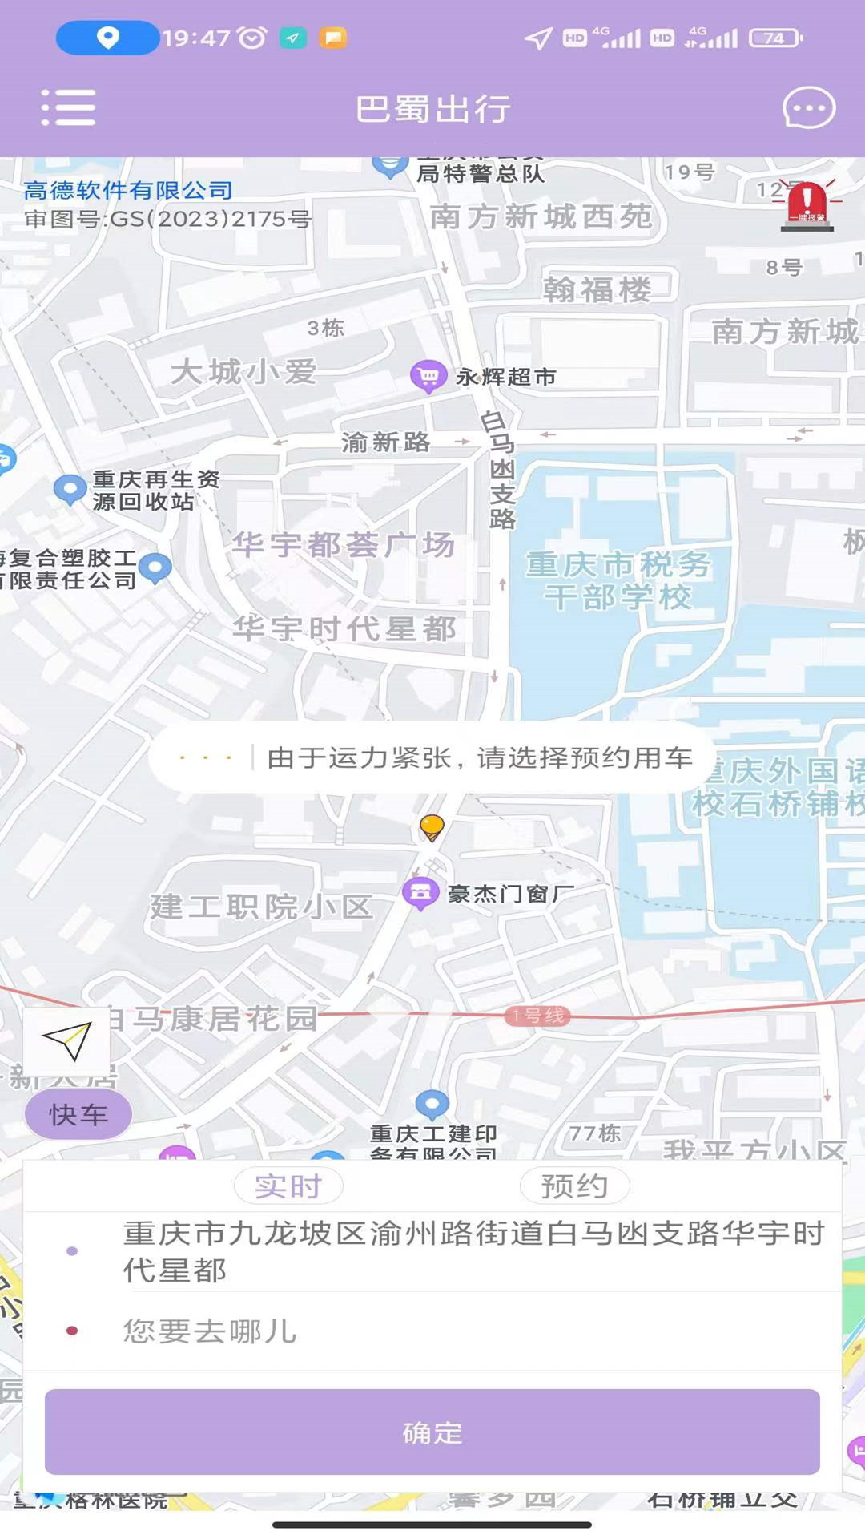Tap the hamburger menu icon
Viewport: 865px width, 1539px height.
coord(68,107)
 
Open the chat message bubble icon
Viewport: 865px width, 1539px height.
coord(808,107)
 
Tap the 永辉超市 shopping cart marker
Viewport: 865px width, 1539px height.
coord(428,375)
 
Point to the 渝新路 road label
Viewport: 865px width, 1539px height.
coord(385,442)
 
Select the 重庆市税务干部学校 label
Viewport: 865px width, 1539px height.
coord(618,580)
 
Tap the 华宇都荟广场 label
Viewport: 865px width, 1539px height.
coord(344,545)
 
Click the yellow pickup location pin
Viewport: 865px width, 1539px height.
coord(432,826)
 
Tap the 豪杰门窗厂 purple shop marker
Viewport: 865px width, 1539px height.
coord(420,892)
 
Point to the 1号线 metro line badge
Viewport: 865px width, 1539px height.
coord(538,1016)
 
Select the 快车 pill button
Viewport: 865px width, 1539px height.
coord(78,1113)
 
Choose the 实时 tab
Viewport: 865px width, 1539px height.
coord(288,1186)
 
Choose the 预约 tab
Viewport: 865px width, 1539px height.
coord(574,1186)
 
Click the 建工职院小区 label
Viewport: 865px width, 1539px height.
coord(261,907)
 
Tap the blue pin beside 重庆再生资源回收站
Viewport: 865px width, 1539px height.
coord(70,488)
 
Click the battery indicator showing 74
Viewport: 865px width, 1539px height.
coord(774,38)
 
